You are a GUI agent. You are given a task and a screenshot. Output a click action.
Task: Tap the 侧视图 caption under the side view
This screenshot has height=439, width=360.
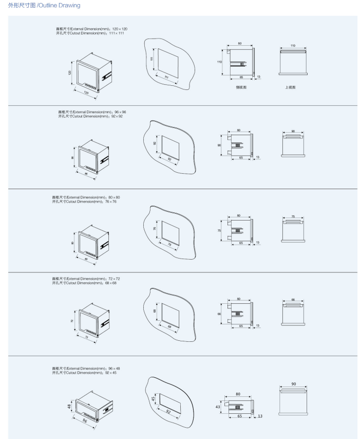[241, 87]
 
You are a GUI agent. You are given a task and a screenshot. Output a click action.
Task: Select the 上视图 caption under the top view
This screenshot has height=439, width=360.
[290, 87]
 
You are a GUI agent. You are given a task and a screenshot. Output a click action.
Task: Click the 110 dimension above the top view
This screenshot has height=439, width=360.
[293, 46]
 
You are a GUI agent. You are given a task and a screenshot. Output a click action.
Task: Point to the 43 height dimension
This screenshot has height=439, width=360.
[218, 406]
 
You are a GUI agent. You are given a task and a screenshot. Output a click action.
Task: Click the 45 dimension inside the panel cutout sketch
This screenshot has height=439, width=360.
[153, 399]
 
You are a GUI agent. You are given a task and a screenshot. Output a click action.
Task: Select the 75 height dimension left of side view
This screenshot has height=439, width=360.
[219, 231]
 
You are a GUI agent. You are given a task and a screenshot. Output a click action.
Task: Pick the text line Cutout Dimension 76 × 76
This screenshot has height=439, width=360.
[84, 202]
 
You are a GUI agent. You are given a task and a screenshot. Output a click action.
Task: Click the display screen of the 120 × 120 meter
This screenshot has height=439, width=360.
[87, 71]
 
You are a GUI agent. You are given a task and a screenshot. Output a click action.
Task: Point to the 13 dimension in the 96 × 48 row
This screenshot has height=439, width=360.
[260, 416]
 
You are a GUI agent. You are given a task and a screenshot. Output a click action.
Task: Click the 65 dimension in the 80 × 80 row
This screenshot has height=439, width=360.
[241, 243]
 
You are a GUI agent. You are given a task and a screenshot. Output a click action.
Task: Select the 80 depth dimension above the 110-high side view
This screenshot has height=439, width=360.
[239, 44]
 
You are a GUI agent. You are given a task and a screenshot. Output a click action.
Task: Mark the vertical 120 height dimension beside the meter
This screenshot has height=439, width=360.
[70, 73]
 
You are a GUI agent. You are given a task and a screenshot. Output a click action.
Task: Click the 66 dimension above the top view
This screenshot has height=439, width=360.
[293, 299]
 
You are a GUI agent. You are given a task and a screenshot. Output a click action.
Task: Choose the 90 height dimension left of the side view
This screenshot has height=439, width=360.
[219, 145]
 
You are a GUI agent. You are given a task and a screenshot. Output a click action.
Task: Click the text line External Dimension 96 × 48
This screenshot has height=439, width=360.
[86, 369]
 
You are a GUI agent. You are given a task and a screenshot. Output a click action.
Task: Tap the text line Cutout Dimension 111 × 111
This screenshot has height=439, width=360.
[90, 33]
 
